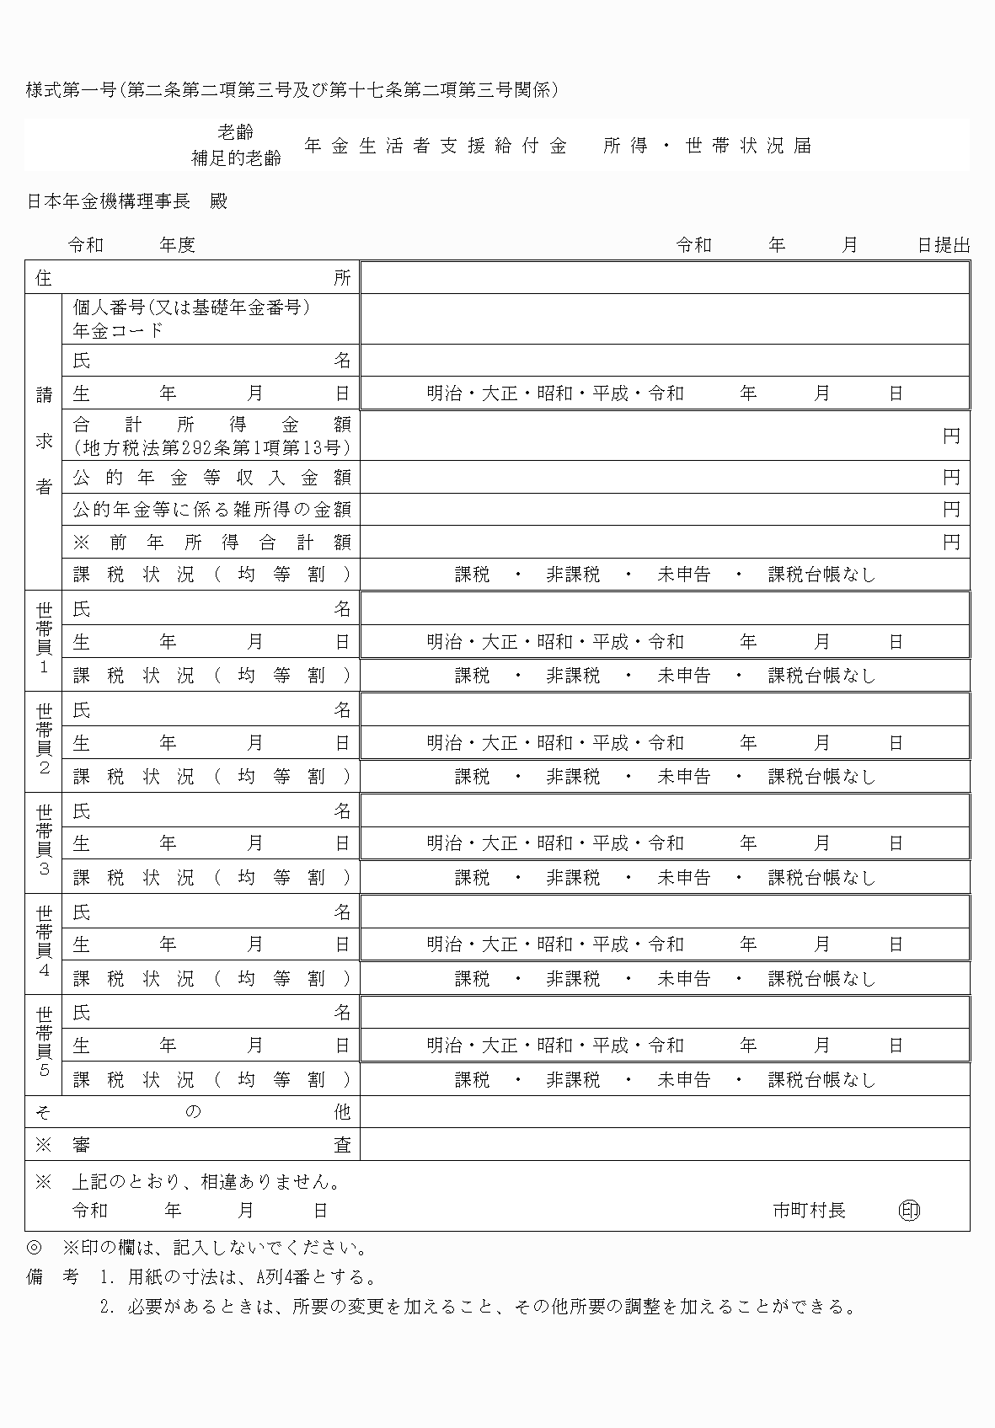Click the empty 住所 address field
coord(665,278)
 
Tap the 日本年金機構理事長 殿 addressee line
coord(127,201)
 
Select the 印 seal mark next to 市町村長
coord(909,1211)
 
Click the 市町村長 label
coord(809,1211)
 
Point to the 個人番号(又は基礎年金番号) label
coord(192,308)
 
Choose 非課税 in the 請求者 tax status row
coord(573,575)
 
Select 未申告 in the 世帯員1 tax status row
coord(683,676)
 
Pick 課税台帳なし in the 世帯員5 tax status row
coord(821,1080)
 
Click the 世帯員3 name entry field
coord(665,810)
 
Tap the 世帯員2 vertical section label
coord(44,741)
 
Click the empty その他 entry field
coord(665,1112)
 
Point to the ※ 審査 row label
coord(192,1145)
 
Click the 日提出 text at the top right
coord(943,245)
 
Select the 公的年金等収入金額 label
coord(211,478)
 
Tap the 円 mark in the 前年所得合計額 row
coord(951,542)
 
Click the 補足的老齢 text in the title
coord(236,158)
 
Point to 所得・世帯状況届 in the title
coord(707,146)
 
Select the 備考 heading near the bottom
coord(52,1277)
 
